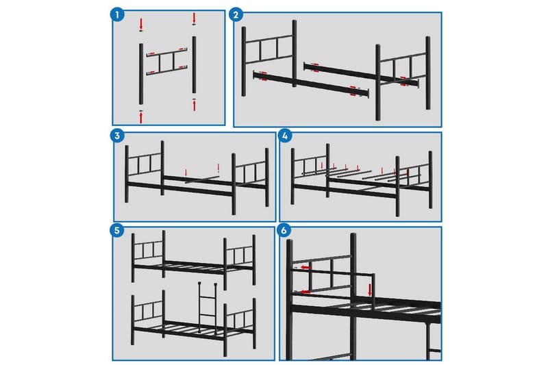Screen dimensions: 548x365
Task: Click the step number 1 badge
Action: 117,14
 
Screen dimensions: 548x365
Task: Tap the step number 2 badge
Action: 236,14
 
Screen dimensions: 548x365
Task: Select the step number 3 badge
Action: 117,136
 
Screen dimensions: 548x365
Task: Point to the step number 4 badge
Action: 285,136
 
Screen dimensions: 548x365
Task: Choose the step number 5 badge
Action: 116,231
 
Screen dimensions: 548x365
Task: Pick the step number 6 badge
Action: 284,231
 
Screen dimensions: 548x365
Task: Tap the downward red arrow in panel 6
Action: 370,290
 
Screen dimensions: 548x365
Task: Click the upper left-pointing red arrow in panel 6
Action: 306,268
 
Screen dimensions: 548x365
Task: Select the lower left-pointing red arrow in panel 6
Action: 305,292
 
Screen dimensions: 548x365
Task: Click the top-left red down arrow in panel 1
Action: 141,24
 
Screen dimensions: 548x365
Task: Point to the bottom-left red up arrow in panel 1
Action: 141,118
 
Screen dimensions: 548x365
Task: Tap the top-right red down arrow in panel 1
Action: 195,18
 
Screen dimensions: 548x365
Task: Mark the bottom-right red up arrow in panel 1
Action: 195,105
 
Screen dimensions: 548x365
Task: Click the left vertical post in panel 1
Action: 141,74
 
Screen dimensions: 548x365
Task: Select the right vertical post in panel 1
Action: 195,64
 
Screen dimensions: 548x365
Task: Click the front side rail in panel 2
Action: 311,84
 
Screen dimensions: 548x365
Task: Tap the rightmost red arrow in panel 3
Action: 219,168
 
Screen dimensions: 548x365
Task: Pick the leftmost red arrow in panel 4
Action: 322,165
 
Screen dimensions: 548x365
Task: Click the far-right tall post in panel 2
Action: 427,73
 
